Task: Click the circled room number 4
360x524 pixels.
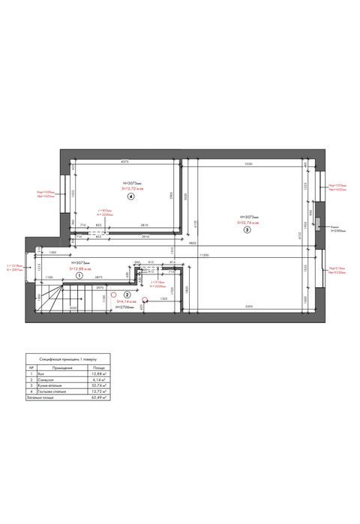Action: pyautogui.click(x=130, y=198)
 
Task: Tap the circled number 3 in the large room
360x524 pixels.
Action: pyautogui.click(x=247, y=231)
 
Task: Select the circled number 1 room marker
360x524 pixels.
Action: pyautogui.click(x=79, y=276)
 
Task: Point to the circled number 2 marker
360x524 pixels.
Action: pyautogui.click(x=127, y=295)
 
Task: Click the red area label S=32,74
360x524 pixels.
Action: pyautogui.click(x=247, y=223)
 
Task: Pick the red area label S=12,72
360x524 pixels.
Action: pyautogui.click(x=132, y=190)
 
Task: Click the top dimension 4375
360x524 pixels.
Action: pyautogui.click(x=125, y=163)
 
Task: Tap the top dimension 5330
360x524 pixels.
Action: pyautogui.click(x=248, y=163)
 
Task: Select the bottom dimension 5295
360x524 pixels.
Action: pyautogui.click(x=247, y=307)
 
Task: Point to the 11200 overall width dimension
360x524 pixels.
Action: pyautogui.click(x=203, y=256)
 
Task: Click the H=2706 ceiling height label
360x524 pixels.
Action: pyautogui.click(x=124, y=307)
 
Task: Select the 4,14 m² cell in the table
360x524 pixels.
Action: pyautogui.click(x=98, y=380)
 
